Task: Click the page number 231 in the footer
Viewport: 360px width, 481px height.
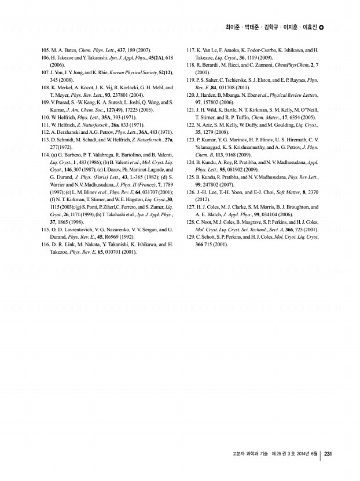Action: [x=328, y=454]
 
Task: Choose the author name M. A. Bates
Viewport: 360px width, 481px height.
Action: [x=65, y=50]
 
